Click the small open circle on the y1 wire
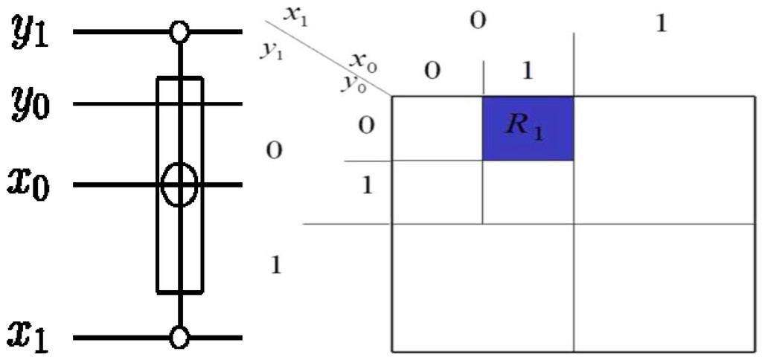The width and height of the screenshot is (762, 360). (x=179, y=32)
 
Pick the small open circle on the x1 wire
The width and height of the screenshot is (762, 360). (x=179, y=338)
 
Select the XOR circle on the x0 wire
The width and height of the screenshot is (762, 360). (x=179, y=184)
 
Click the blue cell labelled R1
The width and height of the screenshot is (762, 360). (x=528, y=128)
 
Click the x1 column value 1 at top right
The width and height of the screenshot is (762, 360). (x=661, y=22)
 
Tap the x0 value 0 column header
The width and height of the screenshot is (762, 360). (x=432, y=72)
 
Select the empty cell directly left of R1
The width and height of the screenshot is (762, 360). (x=438, y=128)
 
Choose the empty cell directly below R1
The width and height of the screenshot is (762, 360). (x=528, y=191)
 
